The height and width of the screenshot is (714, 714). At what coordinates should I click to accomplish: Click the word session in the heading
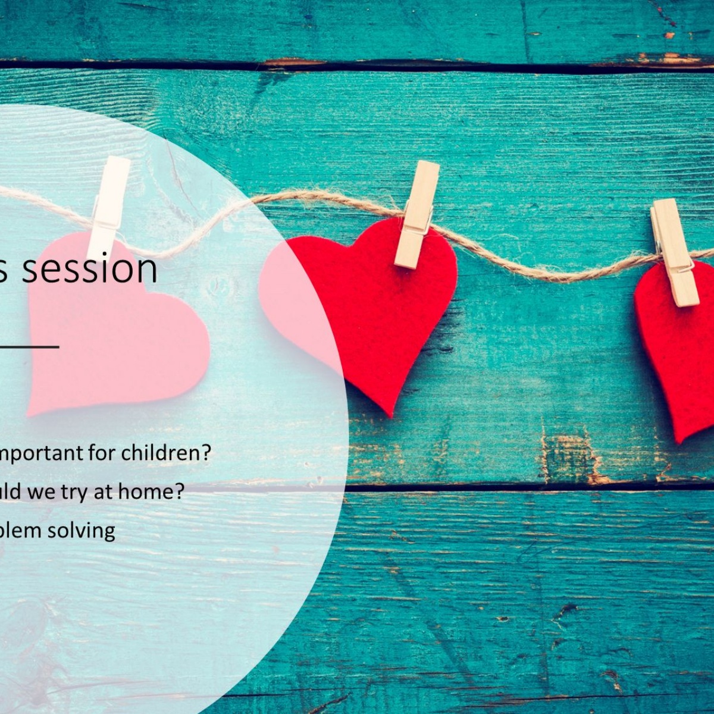pyautogui.click(x=89, y=269)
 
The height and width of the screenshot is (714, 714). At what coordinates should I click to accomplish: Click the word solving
pyautogui.click(x=81, y=530)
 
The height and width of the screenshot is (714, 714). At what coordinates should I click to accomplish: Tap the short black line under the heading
pyautogui.click(x=30, y=346)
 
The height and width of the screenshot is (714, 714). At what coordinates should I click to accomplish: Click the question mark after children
pyautogui.click(x=206, y=453)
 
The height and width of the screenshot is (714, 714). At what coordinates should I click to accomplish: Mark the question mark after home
pyautogui.click(x=179, y=492)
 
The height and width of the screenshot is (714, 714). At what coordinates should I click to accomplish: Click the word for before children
pyautogui.click(x=104, y=453)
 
